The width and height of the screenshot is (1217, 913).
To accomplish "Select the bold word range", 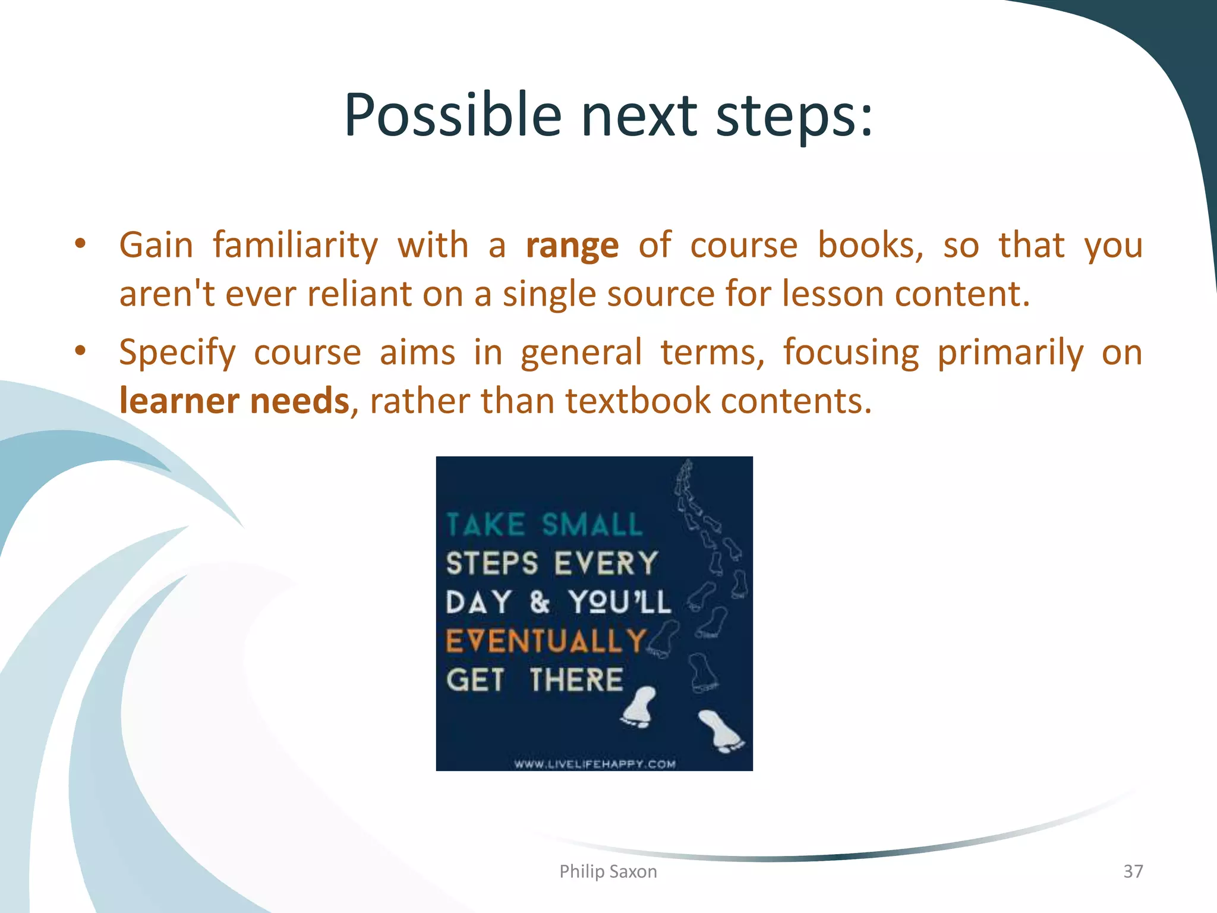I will click(x=572, y=246).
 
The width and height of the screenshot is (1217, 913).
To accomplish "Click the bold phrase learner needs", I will click(x=234, y=401).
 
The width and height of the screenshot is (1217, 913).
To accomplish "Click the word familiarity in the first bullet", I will click(x=295, y=246).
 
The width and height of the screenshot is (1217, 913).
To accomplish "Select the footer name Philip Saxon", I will click(x=608, y=871).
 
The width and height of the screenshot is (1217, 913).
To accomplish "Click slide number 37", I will click(x=1133, y=871).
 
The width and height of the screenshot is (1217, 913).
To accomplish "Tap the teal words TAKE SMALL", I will click(x=544, y=525).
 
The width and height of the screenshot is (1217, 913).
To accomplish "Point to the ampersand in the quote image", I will click(x=540, y=602).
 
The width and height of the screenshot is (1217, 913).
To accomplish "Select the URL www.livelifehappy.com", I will click(x=595, y=764).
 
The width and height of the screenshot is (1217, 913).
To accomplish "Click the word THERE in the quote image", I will click(x=576, y=680).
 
